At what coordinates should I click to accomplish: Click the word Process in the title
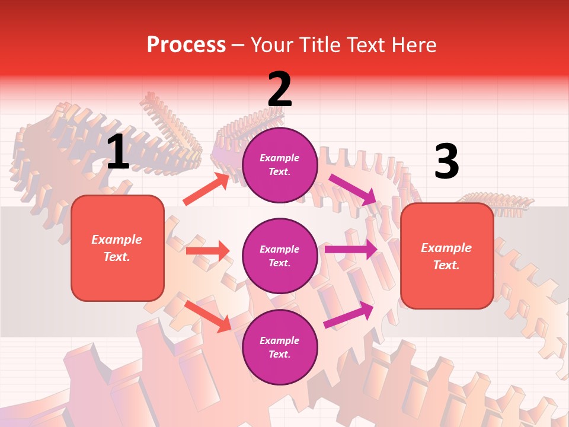click(186, 45)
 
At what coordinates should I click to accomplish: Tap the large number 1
click(118, 152)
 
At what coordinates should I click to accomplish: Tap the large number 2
click(280, 90)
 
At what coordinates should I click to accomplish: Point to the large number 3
click(446, 162)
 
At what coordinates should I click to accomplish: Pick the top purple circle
click(280, 165)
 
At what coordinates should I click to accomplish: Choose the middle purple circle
click(280, 256)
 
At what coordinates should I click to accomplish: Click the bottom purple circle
click(280, 347)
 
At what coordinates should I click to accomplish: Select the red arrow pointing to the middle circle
click(207, 251)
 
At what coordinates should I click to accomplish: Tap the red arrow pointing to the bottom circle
click(208, 316)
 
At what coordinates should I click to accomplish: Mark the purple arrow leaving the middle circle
click(350, 250)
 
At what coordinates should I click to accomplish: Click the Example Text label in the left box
click(117, 248)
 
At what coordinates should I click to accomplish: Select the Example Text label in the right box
click(446, 256)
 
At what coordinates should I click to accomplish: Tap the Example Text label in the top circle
click(280, 164)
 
